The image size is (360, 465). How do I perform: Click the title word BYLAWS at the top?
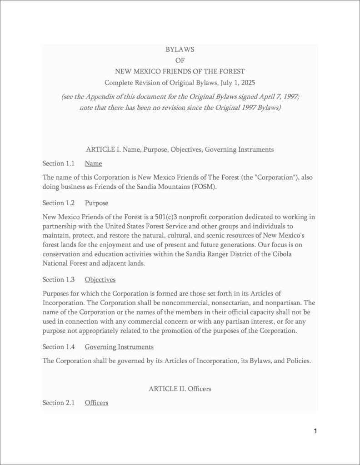180,49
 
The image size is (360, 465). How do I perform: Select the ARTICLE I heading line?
180,149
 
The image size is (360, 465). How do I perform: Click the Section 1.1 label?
58,163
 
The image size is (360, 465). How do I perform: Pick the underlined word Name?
93,163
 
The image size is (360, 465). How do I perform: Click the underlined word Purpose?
96,203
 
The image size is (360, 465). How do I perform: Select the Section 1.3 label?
58,279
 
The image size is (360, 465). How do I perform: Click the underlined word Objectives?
100,279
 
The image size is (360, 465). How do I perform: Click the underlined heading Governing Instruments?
119,346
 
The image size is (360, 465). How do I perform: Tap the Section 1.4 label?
58,346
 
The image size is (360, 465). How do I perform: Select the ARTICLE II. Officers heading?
180,389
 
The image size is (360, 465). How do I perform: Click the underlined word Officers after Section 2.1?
96,403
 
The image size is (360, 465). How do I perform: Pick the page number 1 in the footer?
315,430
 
